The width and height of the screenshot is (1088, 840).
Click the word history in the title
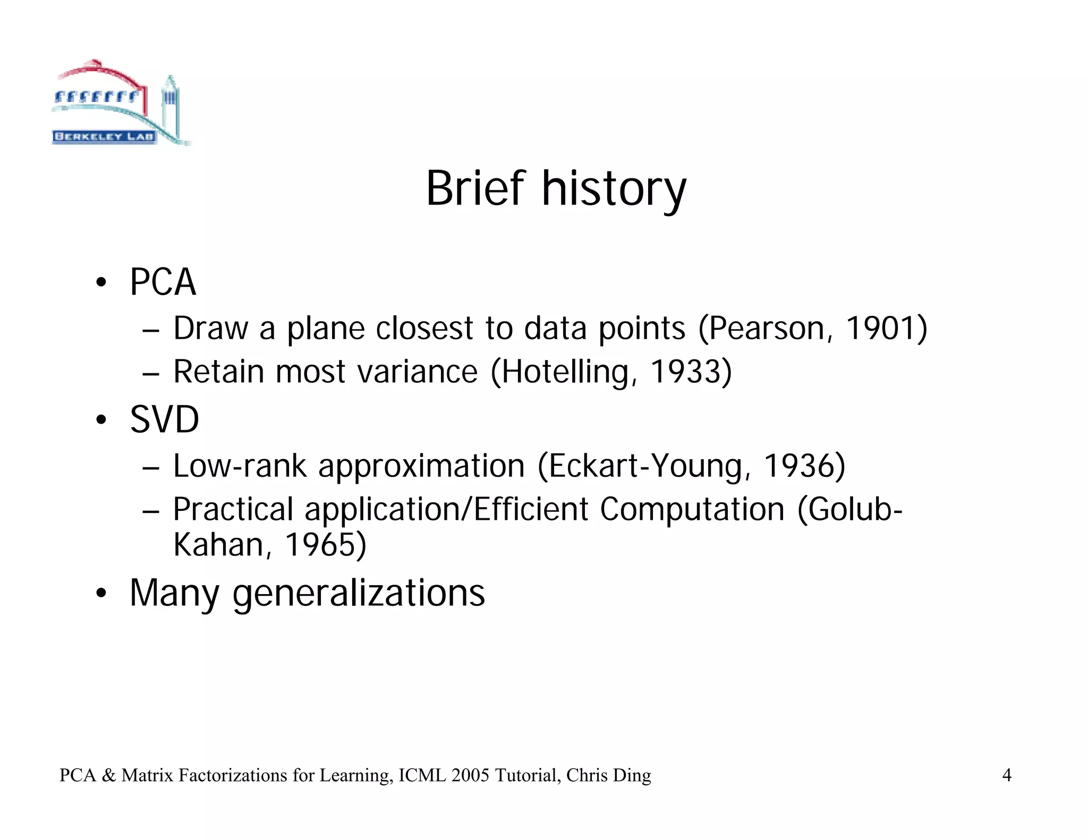click(614, 190)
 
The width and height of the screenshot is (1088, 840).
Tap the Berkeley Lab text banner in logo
click(104, 136)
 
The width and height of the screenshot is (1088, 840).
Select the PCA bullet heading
click(163, 282)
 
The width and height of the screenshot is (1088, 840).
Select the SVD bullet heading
click(164, 419)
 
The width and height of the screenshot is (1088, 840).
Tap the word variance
click(417, 372)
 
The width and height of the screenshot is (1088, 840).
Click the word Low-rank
click(240, 466)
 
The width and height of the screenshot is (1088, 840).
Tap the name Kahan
click(218, 545)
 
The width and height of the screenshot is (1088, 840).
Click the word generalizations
click(359, 593)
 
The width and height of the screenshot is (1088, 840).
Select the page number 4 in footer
click(1006, 776)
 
